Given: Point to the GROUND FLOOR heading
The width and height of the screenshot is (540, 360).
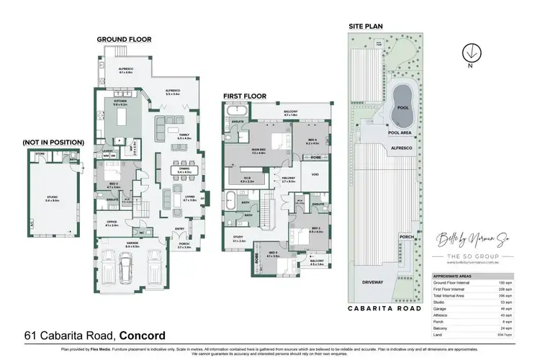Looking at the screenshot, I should pos(125,40).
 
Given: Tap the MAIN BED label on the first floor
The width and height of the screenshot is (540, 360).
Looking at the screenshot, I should pos(258,150).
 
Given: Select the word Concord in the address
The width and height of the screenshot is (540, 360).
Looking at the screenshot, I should pos(142,335).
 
